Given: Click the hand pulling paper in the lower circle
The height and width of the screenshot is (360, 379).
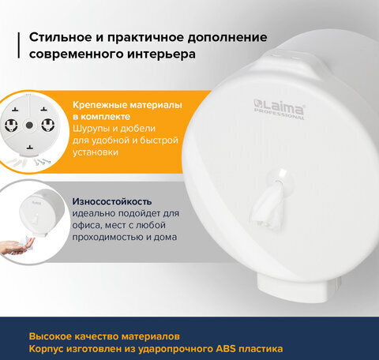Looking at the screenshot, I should tap(17, 248).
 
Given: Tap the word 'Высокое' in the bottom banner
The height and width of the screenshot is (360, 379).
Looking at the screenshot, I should tap(51, 334).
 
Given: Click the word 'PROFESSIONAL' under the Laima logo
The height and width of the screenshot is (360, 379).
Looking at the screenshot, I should tap(286, 116).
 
